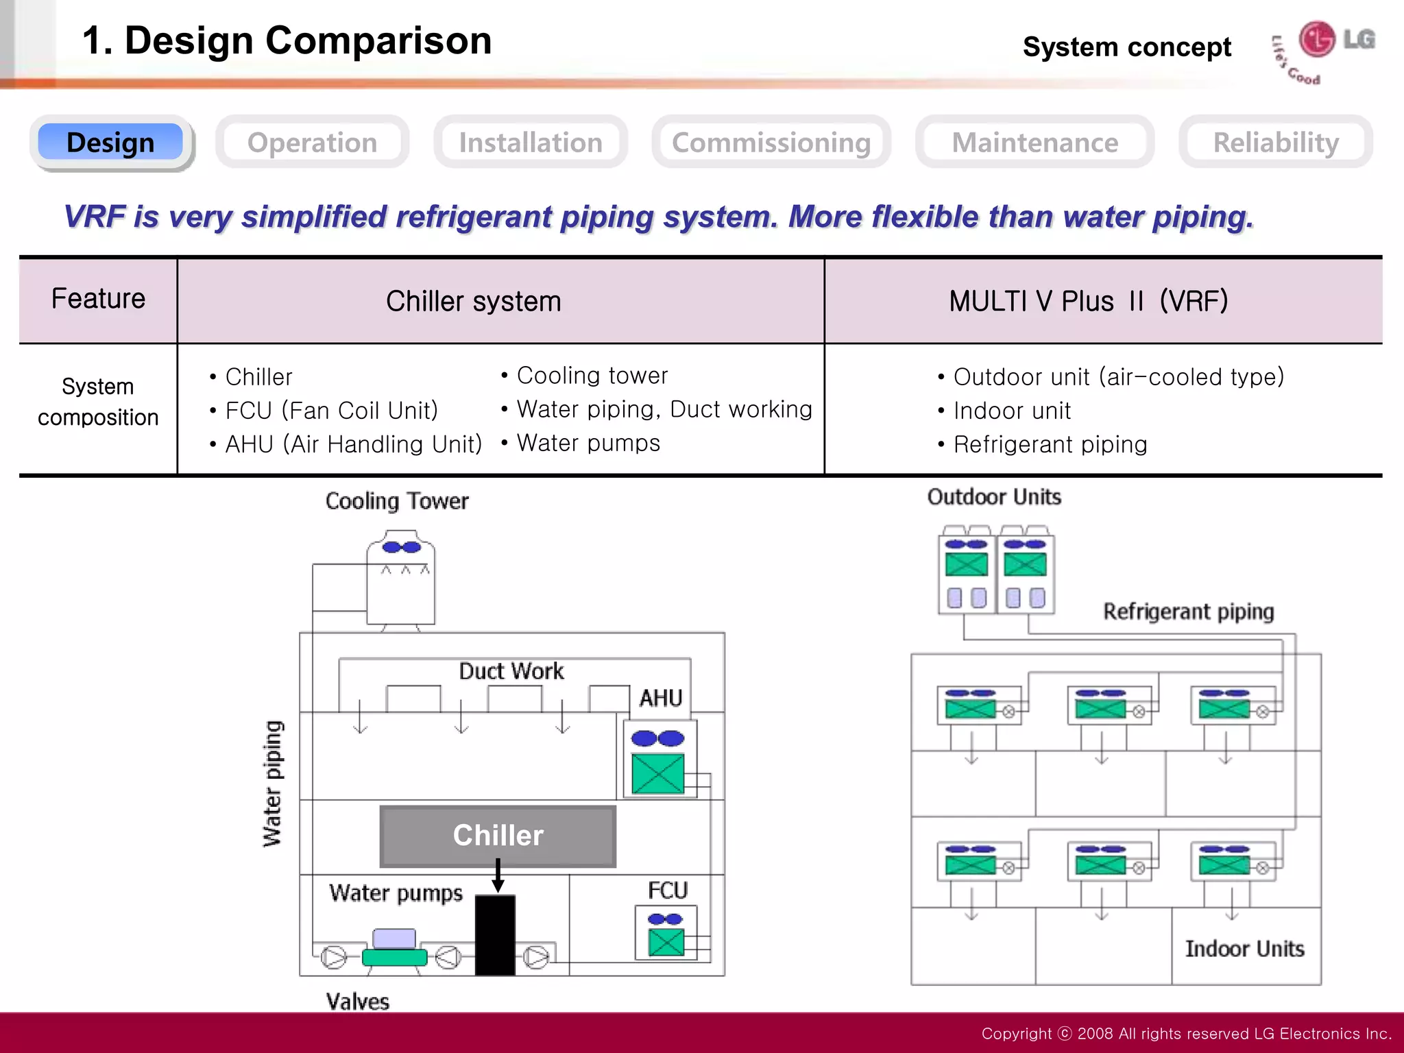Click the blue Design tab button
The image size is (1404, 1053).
pos(110,143)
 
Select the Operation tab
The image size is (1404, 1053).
pos(312,143)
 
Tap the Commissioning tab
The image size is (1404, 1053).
pos(771,143)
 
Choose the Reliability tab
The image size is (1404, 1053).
pos(1276,143)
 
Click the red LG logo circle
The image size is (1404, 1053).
pos(1317,39)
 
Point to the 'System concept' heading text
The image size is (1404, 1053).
pos(1126,47)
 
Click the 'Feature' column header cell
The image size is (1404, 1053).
pos(98,300)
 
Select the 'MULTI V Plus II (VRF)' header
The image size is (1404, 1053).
pos(1088,302)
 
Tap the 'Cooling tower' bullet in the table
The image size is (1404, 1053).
pos(592,376)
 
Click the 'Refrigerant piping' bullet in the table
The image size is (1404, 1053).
pos(1050,445)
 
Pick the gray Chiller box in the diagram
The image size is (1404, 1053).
pos(498,836)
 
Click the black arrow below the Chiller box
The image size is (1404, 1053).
pos(498,875)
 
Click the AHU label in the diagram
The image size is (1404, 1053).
pos(660,698)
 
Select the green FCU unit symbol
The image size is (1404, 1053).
pos(666,941)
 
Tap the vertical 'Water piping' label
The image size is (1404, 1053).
pos(273,784)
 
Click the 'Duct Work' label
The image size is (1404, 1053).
pos(511,671)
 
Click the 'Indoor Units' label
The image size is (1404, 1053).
pos(1244,949)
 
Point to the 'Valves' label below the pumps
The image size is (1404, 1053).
pos(357,1002)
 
